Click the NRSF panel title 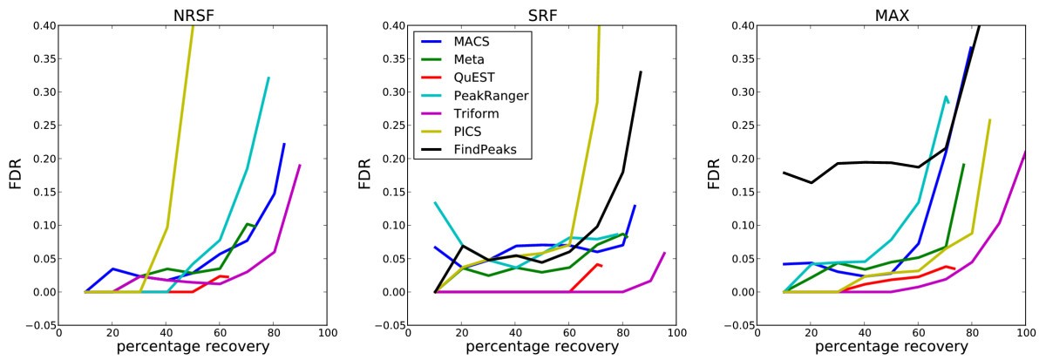(x=193, y=10)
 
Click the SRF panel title (x=541, y=10)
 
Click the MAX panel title (x=891, y=10)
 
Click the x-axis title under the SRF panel (x=541, y=348)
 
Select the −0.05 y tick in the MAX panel (x=737, y=325)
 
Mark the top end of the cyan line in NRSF (x=268, y=78)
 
